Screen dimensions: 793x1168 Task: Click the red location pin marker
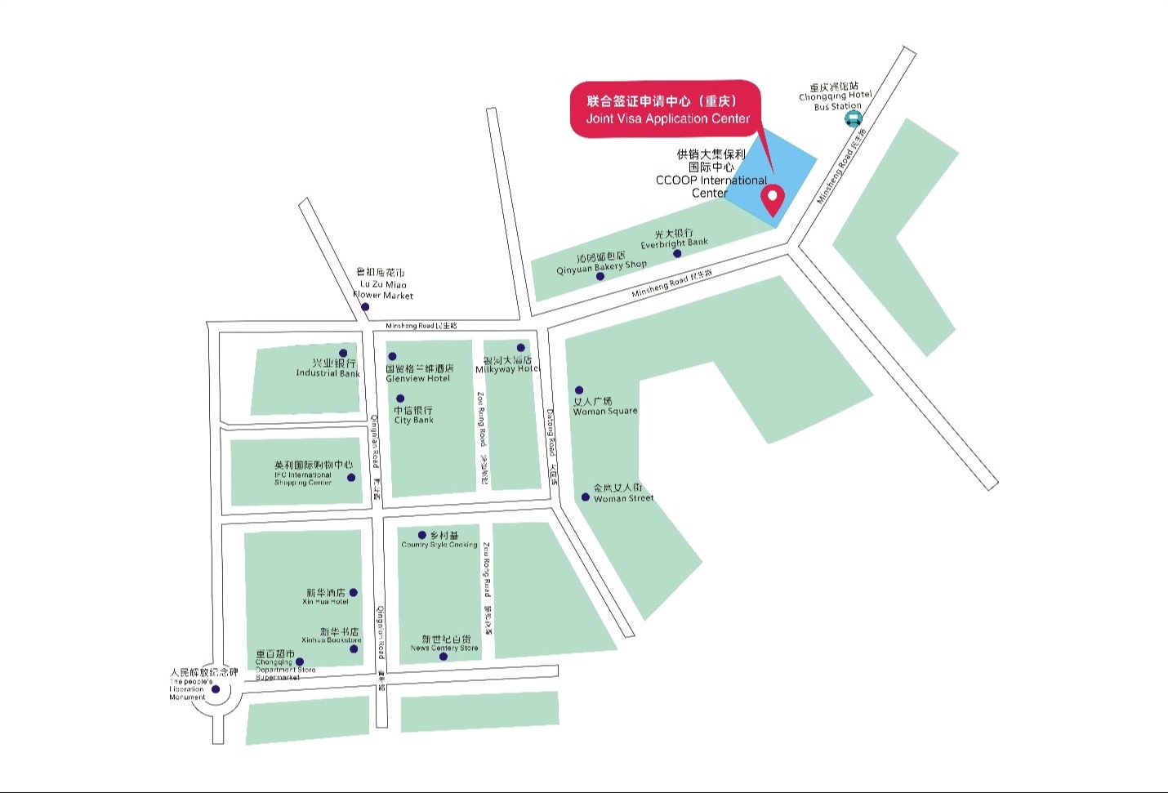click(x=772, y=198)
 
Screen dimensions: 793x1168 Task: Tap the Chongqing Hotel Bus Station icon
click(x=853, y=119)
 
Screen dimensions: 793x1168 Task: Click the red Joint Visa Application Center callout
click(x=666, y=109)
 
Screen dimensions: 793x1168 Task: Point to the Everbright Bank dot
click(x=677, y=254)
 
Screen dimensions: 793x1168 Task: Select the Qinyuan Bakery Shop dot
click(x=600, y=276)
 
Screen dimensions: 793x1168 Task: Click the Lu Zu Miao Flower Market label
click(x=382, y=284)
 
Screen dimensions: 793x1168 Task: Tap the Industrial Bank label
click(x=328, y=368)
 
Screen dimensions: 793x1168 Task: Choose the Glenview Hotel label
click(x=419, y=373)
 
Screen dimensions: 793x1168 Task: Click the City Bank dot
click(x=400, y=399)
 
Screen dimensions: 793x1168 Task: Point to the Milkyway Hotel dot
click(x=521, y=348)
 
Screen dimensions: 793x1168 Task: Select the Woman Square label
click(x=604, y=406)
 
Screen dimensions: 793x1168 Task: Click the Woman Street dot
click(x=586, y=497)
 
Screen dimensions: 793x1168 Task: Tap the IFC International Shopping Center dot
click(x=351, y=478)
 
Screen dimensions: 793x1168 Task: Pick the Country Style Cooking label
click(x=439, y=541)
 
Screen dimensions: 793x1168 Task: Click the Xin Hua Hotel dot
click(x=353, y=593)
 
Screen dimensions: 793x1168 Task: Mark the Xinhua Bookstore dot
click(x=354, y=649)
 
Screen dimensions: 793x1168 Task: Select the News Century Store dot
click(x=444, y=657)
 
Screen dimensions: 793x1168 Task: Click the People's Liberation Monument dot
click(x=216, y=689)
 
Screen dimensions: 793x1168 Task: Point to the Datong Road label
click(x=552, y=445)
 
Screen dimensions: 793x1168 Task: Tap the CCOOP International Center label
click(x=711, y=173)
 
